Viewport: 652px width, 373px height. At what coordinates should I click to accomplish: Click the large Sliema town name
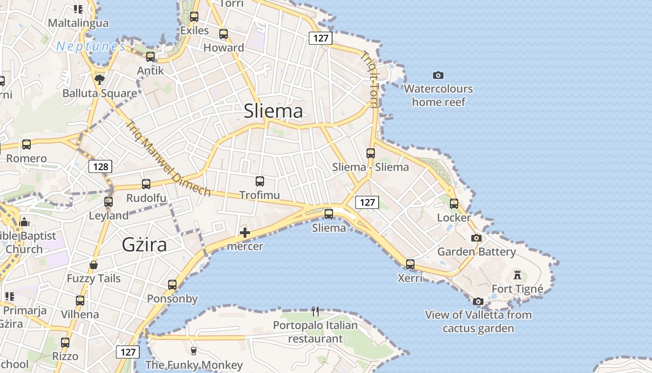pyautogui.click(x=273, y=111)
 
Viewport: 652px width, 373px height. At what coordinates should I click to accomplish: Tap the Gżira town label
pyautogui.click(x=144, y=244)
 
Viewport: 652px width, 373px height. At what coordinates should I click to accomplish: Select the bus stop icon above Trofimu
pyautogui.click(x=260, y=181)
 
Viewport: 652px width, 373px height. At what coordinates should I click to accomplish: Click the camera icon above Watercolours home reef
pyautogui.click(x=438, y=75)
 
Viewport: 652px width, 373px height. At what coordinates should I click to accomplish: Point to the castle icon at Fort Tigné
pyautogui.click(x=517, y=274)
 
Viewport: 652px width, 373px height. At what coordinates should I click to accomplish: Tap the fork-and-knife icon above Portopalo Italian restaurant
pyautogui.click(x=315, y=311)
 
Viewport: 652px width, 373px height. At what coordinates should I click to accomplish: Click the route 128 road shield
pyautogui.click(x=100, y=166)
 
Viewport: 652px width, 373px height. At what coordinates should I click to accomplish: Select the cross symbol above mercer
pyautogui.click(x=245, y=233)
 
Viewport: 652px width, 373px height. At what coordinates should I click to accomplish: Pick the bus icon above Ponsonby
pyautogui.click(x=172, y=284)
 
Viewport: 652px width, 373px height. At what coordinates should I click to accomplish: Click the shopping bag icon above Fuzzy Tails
pyautogui.click(x=94, y=265)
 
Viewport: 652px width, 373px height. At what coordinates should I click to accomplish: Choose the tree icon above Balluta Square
pyautogui.click(x=100, y=79)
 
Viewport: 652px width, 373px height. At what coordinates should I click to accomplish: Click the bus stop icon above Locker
pyautogui.click(x=454, y=203)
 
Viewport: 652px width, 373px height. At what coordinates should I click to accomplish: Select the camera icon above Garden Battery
pyautogui.click(x=476, y=238)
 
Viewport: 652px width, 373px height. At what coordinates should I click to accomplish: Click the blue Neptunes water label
pyautogui.click(x=91, y=47)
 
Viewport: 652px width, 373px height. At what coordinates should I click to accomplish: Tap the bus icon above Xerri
pyautogui.click(x=410, y=264)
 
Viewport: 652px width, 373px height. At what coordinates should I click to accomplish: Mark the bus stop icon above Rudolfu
pyautogui.click(x=146, y=184)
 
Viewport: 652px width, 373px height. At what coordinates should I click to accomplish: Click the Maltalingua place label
pyautogui.click(x=78, y=23)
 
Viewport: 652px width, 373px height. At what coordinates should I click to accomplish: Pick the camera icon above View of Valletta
pyautogui.click(x=478, y=301)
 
